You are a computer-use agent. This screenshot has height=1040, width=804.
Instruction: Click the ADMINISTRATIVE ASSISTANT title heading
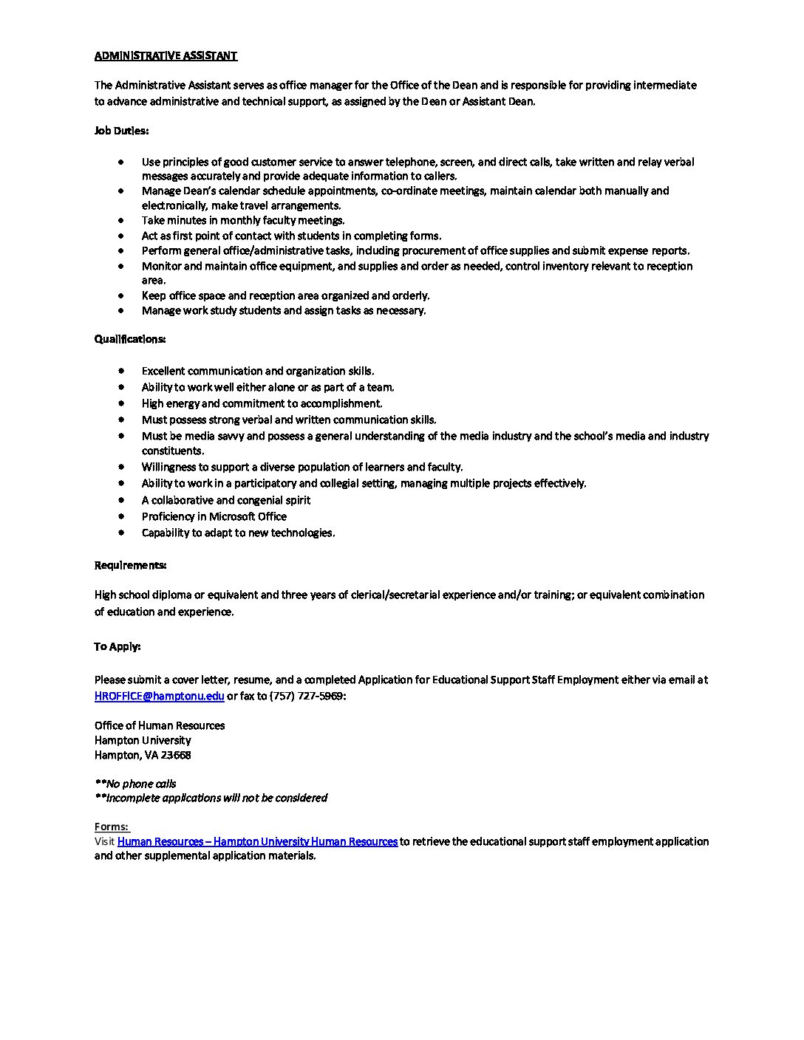[166, 55]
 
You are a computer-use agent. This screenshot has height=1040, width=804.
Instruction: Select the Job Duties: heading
[121, 131]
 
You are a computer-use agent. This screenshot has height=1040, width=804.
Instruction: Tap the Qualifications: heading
[130, 339]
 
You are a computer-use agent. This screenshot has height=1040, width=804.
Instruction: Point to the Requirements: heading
[130, 565]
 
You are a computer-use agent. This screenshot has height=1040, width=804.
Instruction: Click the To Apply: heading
[117, 646]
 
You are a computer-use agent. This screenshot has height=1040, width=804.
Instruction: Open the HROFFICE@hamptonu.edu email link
[159, 696]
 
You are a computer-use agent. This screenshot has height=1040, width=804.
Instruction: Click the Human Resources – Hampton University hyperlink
[257, 841]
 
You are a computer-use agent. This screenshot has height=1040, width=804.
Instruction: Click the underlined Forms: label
[112, 827]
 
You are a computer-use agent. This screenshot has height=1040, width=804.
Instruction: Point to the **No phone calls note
[135, 784]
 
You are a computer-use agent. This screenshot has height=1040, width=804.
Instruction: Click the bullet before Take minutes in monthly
[120, 220]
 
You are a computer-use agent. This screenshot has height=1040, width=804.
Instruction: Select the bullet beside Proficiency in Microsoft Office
[120, 516]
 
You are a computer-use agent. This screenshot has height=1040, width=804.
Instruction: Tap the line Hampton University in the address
[143, 740]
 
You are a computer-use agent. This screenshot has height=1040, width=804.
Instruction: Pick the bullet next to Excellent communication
[120, 371]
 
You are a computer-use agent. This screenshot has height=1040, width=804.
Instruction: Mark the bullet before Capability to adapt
[120, 533]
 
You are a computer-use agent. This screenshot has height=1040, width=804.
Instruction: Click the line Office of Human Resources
[160, 725]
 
